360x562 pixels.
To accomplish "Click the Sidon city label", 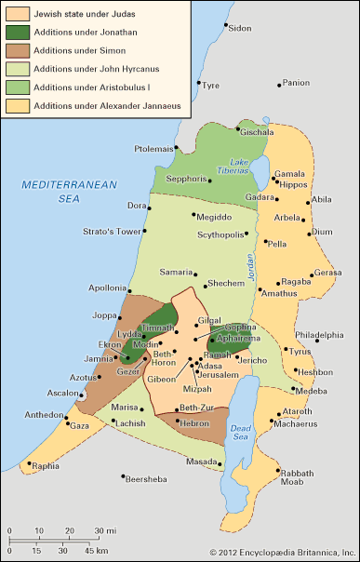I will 240,29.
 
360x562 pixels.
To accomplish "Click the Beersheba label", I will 151,477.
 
